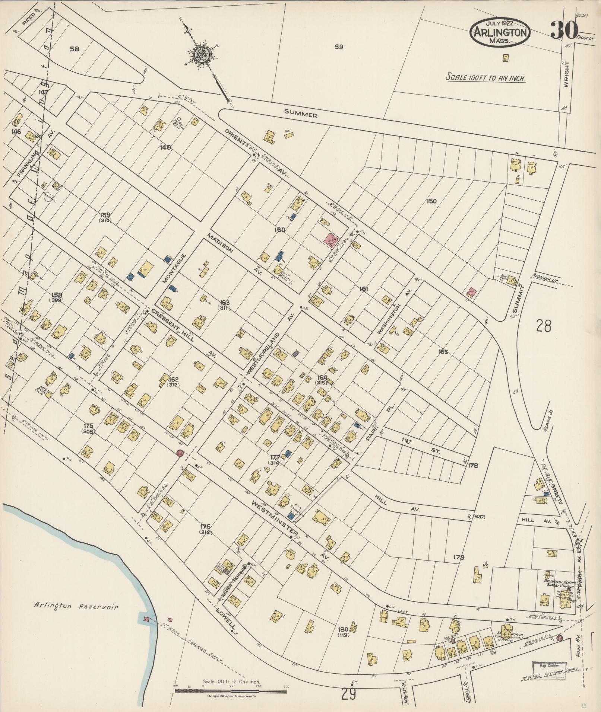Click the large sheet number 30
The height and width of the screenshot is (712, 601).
pos(564,30)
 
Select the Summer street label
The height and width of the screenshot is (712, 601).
pos(301,115)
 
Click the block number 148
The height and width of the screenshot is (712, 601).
pos(165,147)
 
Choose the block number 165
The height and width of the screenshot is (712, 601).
pos(443,352)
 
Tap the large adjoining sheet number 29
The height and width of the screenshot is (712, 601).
pos(348,695)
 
